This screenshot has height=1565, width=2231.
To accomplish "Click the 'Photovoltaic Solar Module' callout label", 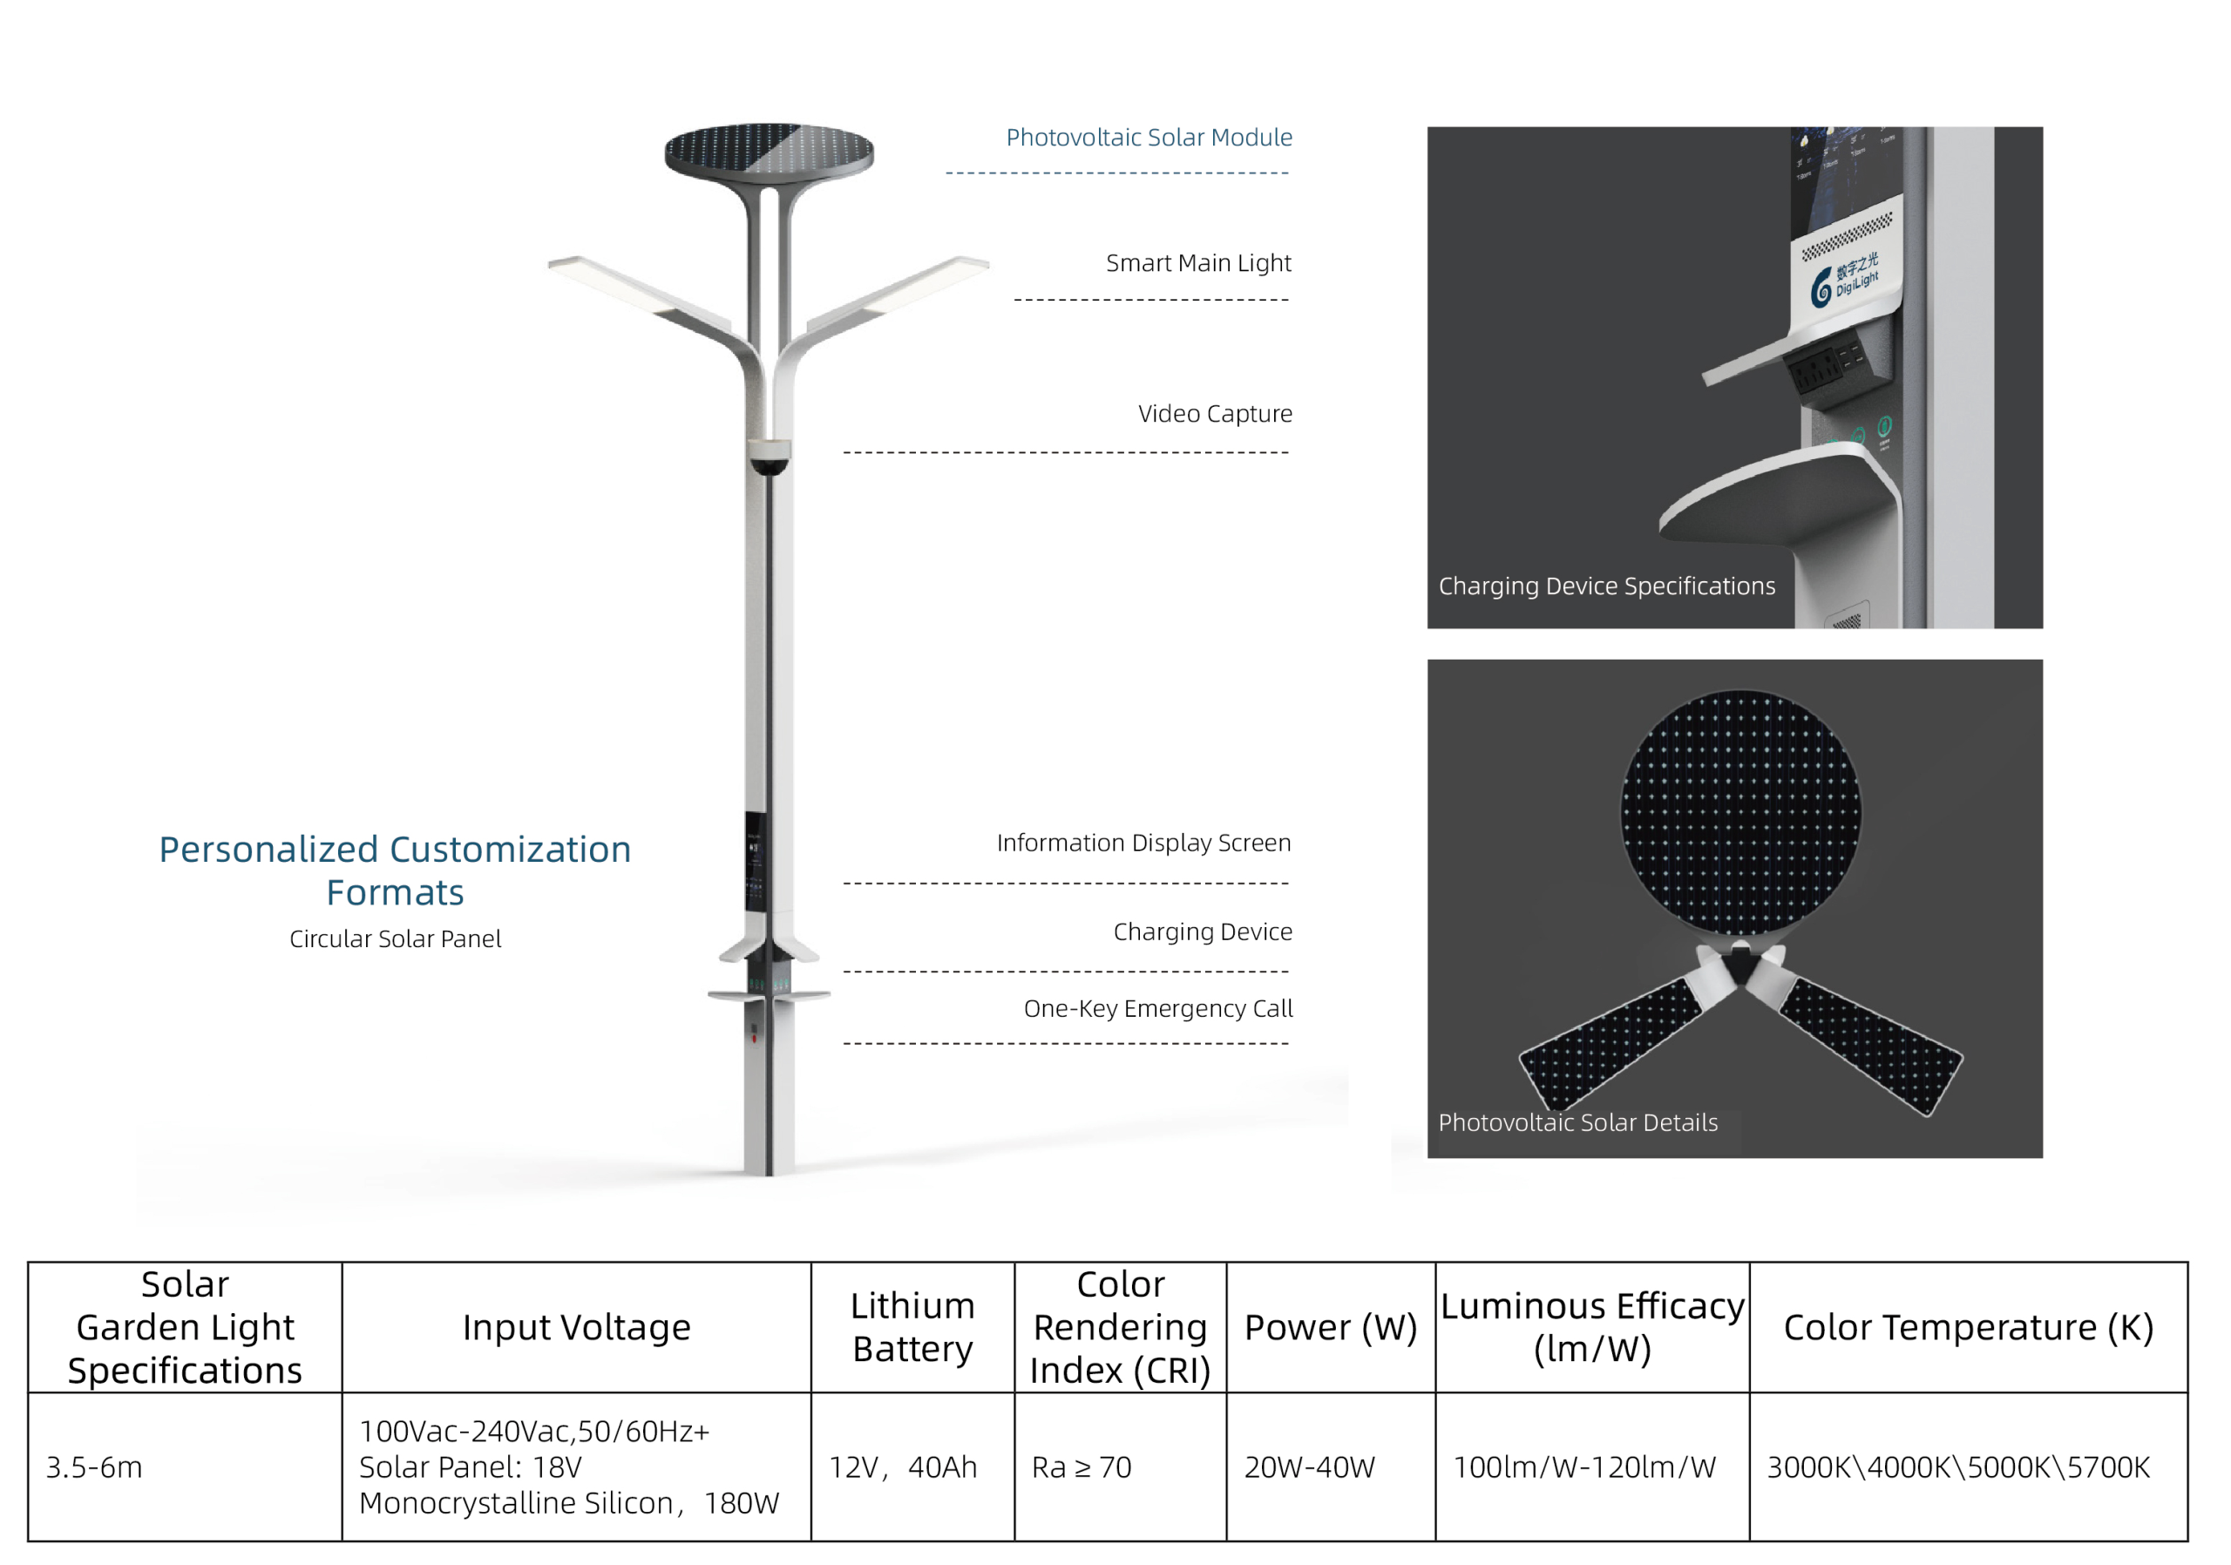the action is click(x=1149, y=137).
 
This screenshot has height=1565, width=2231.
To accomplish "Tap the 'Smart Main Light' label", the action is click(x=1198, y=263).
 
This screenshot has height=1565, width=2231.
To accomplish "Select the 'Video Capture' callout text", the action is click(x=1215, y=414).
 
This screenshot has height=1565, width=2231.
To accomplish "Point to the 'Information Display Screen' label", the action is click(x=1143, y=843).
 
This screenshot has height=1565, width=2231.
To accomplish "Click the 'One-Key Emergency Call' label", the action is click(x=1157, y=1009).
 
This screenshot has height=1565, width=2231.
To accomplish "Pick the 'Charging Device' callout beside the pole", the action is click(x=1202, y=932).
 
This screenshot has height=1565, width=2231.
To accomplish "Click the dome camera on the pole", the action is click(x=770, y=459).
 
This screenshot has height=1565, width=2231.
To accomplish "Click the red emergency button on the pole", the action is click(x=755, y=1040).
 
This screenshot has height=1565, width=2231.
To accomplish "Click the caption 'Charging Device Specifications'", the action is click(x=1606, y=586).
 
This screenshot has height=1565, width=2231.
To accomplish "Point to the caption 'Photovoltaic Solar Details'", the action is click(x=1578, y=1123).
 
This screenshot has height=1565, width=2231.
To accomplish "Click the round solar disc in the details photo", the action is click(x=1740, y=812).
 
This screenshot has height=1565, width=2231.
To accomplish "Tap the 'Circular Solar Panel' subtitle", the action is click(x=396, y=939).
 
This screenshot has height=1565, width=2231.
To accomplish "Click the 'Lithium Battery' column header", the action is click(x=912, y=1328).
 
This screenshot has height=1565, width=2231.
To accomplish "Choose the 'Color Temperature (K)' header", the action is click(x=1969, y=1328).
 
